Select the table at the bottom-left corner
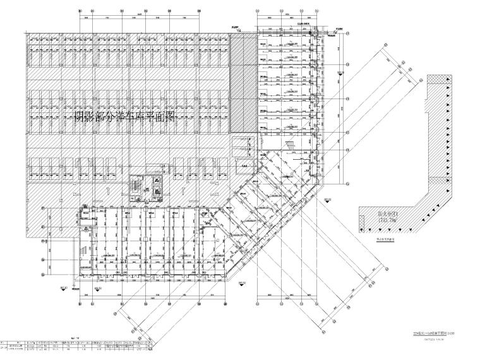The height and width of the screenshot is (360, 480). (x=76, y=348)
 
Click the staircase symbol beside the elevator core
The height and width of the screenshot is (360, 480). (x=134, y=187)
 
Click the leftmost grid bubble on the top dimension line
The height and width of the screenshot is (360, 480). (x=80, y=11)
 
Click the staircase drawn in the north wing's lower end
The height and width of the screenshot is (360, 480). (x=291, y=147)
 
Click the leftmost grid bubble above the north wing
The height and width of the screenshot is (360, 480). (x=258, y=11)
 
